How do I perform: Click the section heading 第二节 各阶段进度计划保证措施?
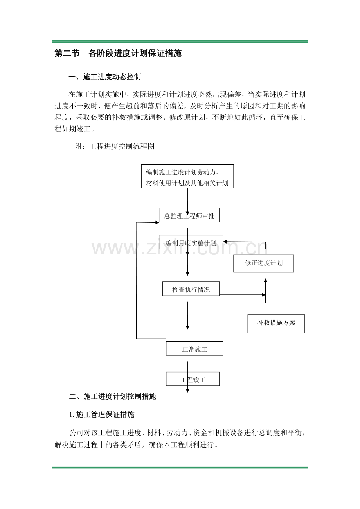[118, 53]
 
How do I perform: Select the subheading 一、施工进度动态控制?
[104, 77]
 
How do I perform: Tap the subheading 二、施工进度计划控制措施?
[113, 396]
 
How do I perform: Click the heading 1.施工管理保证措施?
[102, 415]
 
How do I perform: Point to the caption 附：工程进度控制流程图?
[115, 146]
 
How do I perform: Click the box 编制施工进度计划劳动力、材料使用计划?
[187, 176]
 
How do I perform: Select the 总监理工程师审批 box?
[189, 215]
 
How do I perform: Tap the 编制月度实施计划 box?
[191, 242]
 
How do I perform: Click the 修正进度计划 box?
[264, 263]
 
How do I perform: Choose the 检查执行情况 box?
[191, 289]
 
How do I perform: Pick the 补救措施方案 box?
[276, 324]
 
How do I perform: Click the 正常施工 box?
[194, 348]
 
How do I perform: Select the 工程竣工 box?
[193, 379]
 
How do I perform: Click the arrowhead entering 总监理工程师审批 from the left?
[157, 222]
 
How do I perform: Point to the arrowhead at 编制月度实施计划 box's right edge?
[225, 242]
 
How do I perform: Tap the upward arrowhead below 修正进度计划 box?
[265, 280]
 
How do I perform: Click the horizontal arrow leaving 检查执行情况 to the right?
[243, 295]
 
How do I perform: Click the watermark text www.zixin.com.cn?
[180, 248]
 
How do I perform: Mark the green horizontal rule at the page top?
[180, 41]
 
